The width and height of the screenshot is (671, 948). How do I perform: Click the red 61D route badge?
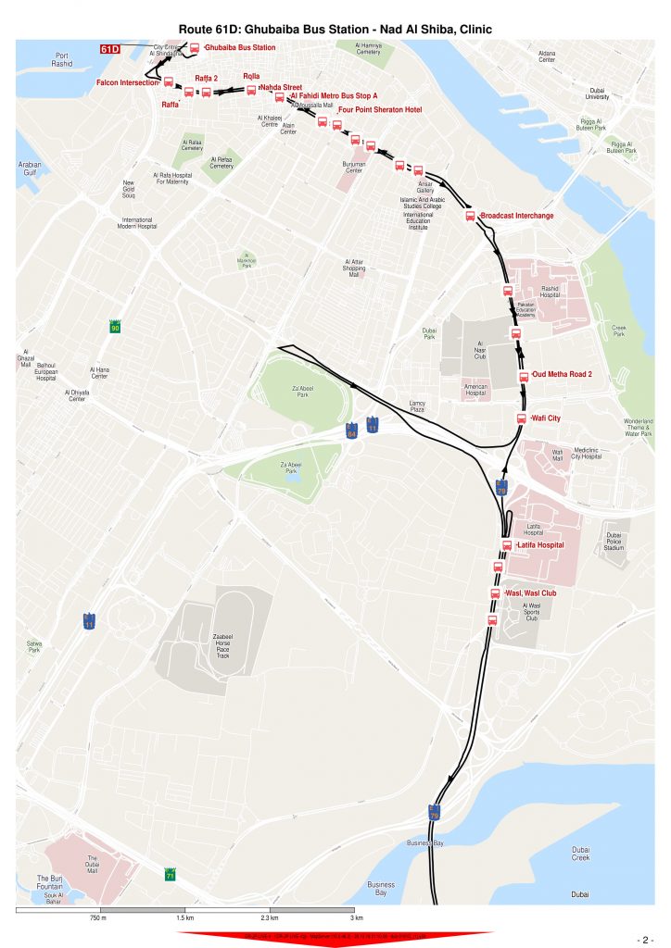coord(110,48)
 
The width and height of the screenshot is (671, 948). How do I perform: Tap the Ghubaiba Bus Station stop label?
coord(240,47)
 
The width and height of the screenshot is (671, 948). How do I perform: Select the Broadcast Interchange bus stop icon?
coord(470,216)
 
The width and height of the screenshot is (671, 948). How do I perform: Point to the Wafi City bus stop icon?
coord(522,418)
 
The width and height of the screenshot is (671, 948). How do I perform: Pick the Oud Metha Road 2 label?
coord(563,375)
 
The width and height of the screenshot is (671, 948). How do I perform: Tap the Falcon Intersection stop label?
coord(128,82)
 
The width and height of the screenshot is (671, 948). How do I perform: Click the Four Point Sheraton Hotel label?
coord(380,110)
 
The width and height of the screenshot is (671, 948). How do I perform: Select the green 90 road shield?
coord(115,328)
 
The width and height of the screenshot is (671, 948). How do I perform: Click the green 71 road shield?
coord(170,874)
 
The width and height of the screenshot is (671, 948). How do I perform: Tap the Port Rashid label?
coord(62,59)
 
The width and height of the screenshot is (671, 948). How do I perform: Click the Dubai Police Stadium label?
coord(614,542)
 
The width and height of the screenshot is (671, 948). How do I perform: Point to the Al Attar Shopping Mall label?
coord(353,268)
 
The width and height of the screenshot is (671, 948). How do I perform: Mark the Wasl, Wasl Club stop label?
coord(530,593)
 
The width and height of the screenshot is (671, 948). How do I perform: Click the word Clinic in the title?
coord(470,30)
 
